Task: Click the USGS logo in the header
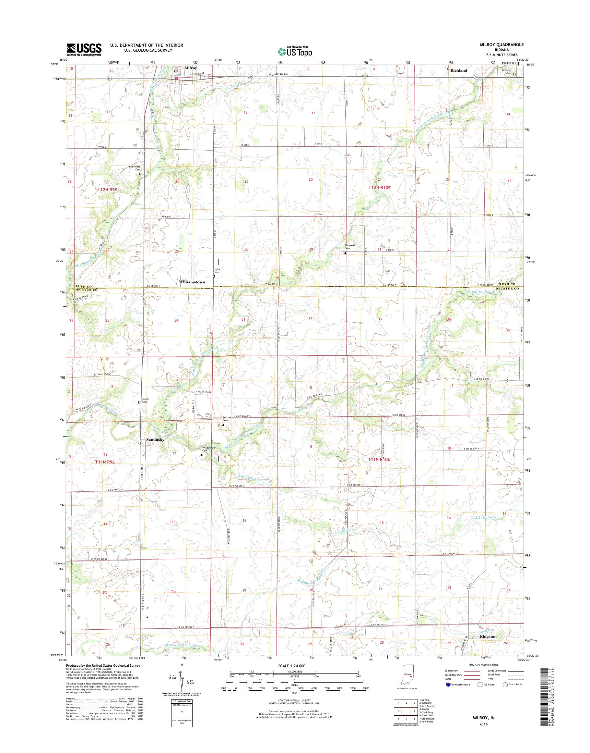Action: (84, 49)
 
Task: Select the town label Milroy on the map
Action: (191, 68)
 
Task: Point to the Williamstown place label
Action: (192, 282)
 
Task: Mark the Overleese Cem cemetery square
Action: (140, 174)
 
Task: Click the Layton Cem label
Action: (217, 270)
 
